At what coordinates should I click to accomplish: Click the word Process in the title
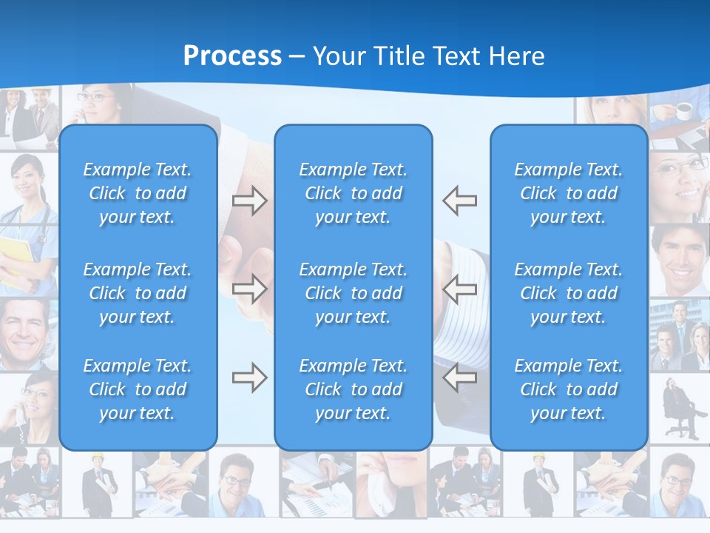232,56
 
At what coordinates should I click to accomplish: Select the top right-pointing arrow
249,201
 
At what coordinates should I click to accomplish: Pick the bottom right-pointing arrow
249,378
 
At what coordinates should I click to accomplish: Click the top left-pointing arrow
460,201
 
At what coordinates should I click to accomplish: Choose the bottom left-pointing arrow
460,378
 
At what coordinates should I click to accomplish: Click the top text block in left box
138,193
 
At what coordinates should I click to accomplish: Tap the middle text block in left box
138,293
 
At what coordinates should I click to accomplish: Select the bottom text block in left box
138,389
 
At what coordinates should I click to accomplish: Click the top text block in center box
354,193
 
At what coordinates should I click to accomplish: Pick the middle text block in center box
354,293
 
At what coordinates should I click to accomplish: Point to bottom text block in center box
354,389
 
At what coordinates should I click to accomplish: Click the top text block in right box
569,193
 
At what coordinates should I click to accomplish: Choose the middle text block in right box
569,293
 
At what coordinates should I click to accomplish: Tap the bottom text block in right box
569,389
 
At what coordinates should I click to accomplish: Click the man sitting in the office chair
678,406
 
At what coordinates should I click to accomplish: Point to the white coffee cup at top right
684,111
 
